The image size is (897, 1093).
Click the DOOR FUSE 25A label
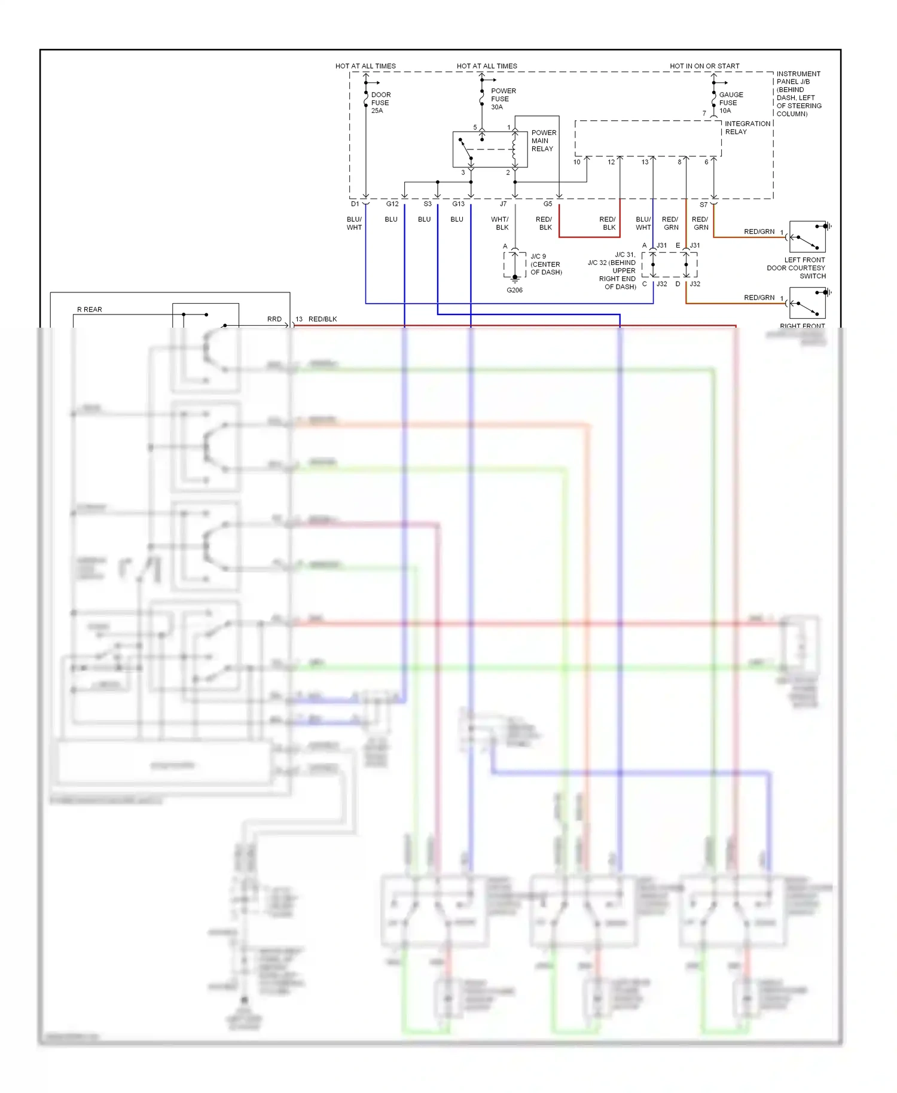[380, 103]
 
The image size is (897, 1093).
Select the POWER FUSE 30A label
[502, 99]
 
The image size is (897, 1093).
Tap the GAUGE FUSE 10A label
[730, 103]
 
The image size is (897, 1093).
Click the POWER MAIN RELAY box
[490, 149]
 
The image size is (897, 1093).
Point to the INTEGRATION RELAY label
[747, 127]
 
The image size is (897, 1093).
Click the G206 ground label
[514, 290]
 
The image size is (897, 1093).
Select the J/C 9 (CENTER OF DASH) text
[545, 264]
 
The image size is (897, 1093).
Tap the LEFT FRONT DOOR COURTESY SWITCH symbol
[807, 237]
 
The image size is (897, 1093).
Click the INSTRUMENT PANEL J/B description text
[798, 94]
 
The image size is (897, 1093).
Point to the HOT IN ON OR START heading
[704, 66]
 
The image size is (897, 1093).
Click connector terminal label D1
[355, 204]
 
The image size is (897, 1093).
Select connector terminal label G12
[392, 204]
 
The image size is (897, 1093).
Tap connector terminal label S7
[703, 204]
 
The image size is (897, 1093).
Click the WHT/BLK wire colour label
[501, 224]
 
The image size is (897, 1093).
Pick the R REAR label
[90, 310]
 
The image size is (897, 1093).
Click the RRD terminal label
[274, 319]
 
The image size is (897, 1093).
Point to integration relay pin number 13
[645, 162]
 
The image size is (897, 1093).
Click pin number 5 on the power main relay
[475, 127]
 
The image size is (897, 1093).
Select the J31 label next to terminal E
[694, 245]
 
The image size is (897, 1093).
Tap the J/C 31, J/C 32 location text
[613, 271]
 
